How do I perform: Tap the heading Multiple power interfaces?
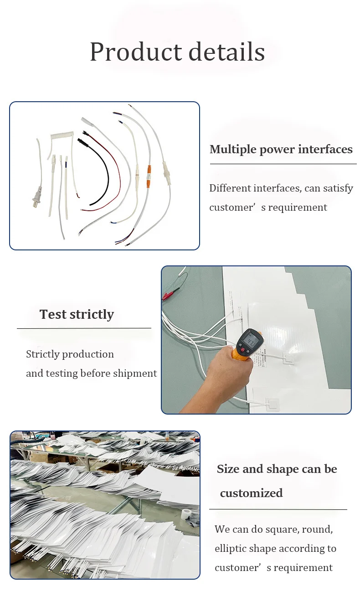coord(281,149)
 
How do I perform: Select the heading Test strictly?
coord(77,314)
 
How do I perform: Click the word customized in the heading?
coord(251,493)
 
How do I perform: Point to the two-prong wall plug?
coord(35,199)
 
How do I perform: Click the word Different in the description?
coord(230,188)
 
